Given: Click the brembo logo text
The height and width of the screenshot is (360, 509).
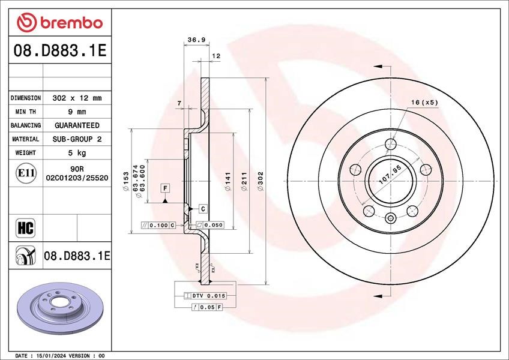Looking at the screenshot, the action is click(71, 23).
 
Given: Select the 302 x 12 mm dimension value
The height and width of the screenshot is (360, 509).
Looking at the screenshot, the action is click(77, 98).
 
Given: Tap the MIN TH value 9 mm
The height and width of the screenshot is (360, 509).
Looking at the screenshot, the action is click(77, 112).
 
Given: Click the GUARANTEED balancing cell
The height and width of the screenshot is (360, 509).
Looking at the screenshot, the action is click(77, 125).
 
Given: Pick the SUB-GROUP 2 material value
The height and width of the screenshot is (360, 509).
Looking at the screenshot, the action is click(77, 139).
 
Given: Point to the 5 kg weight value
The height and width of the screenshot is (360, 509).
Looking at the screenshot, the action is click(77, 153).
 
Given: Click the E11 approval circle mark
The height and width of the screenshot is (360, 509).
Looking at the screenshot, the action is click(26, 173).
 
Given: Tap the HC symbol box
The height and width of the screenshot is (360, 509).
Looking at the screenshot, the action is click(25, 228).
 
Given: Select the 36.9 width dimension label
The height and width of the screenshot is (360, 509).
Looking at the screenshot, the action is click(197, 40).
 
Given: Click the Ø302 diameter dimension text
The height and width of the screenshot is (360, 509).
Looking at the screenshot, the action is click(261, 181).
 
